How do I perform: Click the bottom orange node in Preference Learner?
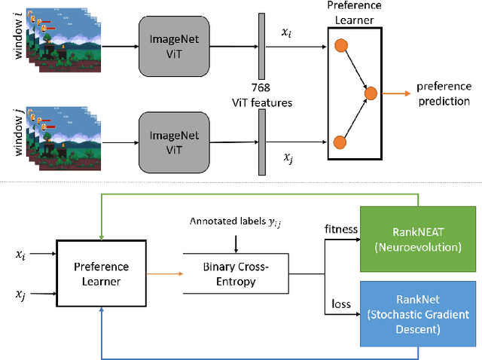340,141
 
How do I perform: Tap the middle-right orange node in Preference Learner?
370,93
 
